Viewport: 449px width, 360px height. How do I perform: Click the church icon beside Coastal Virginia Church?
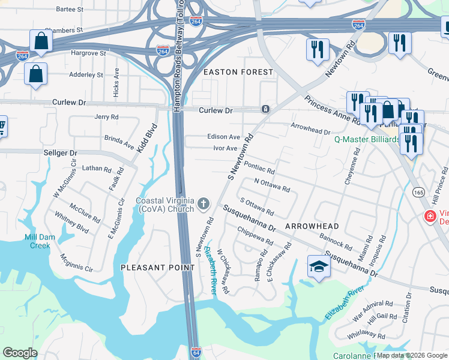click(x=203, y=205)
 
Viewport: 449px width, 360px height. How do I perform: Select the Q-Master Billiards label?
click(x=366, y=140)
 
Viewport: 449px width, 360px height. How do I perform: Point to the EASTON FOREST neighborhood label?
click(x=238, y=72)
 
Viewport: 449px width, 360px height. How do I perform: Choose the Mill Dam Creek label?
click(x=40, y=241)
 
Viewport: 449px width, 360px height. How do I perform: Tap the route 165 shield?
click(x=418, y=191)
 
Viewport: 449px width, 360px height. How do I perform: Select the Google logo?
click(x=20, y=353)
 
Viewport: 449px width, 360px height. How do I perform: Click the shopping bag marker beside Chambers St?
click(x=41, y=41)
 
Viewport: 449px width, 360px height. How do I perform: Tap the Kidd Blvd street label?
click(x=145, y=138)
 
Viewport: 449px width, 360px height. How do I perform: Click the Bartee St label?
click(x=70, y=10)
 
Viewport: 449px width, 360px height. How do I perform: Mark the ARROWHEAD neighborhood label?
click(x=312, y=226)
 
